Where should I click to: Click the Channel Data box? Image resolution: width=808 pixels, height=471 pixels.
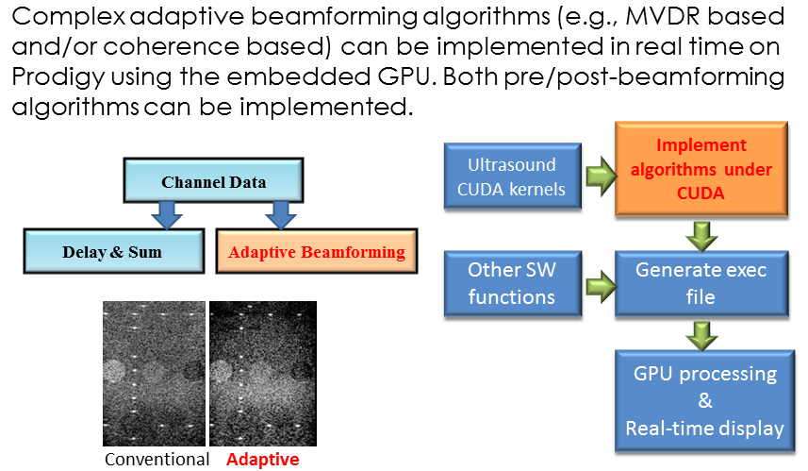pyautogui.click(x=213, y=180)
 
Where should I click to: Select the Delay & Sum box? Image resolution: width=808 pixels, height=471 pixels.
pyautogui.click(x=114, y=251)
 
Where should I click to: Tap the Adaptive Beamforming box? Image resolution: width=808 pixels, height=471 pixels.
pyautogui.click(x=317, y=251)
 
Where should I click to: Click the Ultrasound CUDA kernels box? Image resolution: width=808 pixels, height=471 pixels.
pyautogui.click(x=513, y=177)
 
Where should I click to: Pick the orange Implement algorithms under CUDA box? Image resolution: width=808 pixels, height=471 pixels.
pyautogui.click(x=701, y=169)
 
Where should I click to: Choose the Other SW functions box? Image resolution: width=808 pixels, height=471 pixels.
pyautogui.click(x=513, y=283)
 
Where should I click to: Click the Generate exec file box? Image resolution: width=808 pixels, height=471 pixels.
pyautogui.click(x=701, y=283)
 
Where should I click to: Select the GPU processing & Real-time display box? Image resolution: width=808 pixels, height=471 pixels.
pyautogui.click(x=704, y=401)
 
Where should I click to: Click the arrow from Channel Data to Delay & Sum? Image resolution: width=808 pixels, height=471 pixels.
pyautogui.click(x=167, y=215)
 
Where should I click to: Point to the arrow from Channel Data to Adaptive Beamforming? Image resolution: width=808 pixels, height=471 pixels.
pyautogui.click(x=280, y=215)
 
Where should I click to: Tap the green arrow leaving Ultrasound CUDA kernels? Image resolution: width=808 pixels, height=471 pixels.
pyautogui.click(x=601, y=177)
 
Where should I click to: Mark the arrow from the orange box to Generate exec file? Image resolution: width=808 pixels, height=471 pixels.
pyautogui.click(x=701, y=236)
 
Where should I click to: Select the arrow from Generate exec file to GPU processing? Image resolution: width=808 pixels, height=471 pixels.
pyautogui.click(x=701, y=336)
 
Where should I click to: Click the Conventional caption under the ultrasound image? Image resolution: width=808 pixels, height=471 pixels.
pyautogui.click(x=157, y=459)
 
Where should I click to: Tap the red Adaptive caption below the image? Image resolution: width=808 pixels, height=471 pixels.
pyautogui.click(x=263, y=459)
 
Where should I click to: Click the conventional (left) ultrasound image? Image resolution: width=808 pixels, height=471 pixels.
pyautogui.click(x=154, y=374)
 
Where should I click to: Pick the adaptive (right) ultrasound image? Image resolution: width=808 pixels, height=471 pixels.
pyautogui.click(x=263, y=374)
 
